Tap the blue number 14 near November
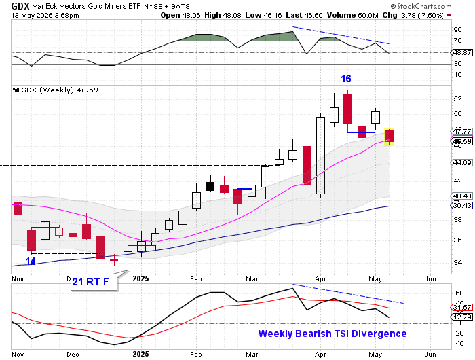[x=31, y=261]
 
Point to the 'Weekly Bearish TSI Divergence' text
[x=332, y=334]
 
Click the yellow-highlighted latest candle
[x=389, y=137]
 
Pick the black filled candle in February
[x=210, y=186]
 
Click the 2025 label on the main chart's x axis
[x=141, y=278]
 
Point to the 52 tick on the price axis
[x=458, y=99]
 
